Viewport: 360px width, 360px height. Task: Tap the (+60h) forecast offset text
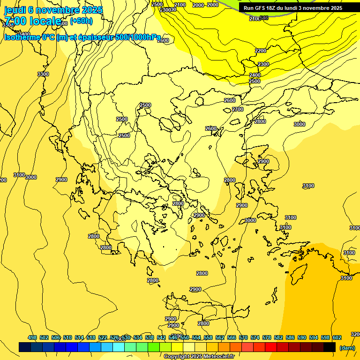[81, 21]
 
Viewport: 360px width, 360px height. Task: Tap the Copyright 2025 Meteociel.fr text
[199, 356]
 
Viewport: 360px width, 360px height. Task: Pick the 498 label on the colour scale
[32, 337]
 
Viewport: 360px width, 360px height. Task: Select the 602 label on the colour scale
[337, 337]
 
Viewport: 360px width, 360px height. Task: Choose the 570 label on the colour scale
[243, 337]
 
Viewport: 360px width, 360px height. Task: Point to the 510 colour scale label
[67, 337]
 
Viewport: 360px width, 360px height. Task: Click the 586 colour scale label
[290, 337]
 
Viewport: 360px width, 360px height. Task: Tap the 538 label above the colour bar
[150, 337]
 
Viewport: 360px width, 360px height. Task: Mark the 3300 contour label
[43, 74]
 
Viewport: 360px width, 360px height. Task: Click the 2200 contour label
[261, 51]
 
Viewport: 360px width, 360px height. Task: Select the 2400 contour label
[255, 75]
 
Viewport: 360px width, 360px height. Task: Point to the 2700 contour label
[238, 109]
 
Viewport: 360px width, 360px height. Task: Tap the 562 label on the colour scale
[220, 337]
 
